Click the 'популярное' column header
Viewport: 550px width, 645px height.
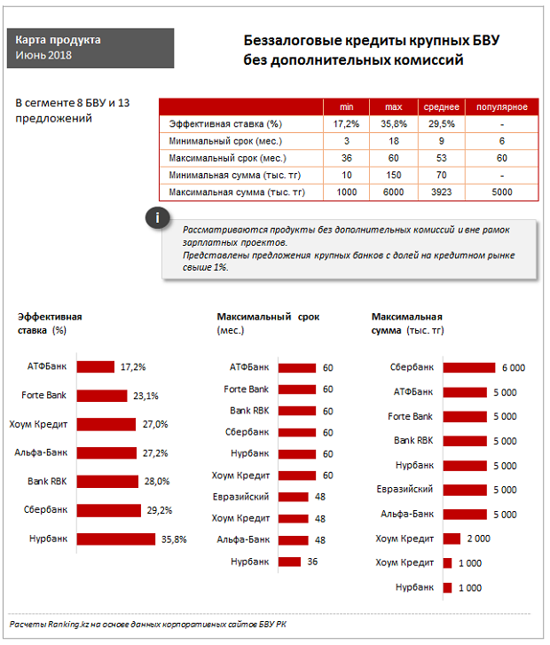coord(502,106)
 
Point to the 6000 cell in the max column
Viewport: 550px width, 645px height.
coord(393,192)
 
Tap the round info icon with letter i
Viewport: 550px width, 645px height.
coord(157,218)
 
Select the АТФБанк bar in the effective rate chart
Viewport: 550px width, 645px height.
coord(96,366)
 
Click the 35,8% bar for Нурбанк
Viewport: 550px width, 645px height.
coord(116,539)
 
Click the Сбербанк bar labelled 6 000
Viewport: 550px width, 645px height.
coord(468,367)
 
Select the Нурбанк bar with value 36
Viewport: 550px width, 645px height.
coord(290,561)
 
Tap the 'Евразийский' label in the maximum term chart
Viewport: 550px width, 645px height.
coord(241,497)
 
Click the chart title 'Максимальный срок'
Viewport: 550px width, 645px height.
coord(268,317)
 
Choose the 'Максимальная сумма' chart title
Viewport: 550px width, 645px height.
coord(407,317)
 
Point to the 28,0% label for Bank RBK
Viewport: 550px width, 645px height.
coord(155,481)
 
